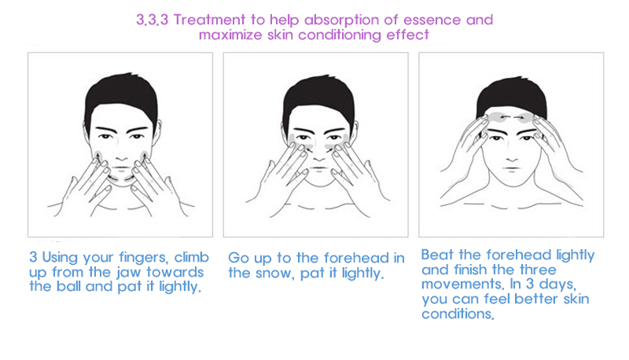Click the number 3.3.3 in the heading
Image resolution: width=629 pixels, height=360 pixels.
click(152, 20)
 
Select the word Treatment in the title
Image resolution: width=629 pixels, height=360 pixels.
click(209, 20)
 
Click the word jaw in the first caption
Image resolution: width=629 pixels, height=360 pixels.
click(129, 273)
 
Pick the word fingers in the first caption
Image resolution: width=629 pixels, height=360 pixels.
click(143, 258)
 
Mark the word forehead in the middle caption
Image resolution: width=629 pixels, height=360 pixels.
click(356, 258)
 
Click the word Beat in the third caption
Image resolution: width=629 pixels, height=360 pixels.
click(438, 255)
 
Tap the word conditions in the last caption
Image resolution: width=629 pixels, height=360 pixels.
click(458, 314)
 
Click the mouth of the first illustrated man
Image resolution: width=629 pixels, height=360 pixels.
click(121, 168)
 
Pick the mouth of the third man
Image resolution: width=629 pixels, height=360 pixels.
click(512, 169)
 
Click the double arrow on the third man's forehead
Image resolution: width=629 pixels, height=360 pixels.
click(512, 117)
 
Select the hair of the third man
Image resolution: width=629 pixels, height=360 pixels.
click(512, 94)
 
